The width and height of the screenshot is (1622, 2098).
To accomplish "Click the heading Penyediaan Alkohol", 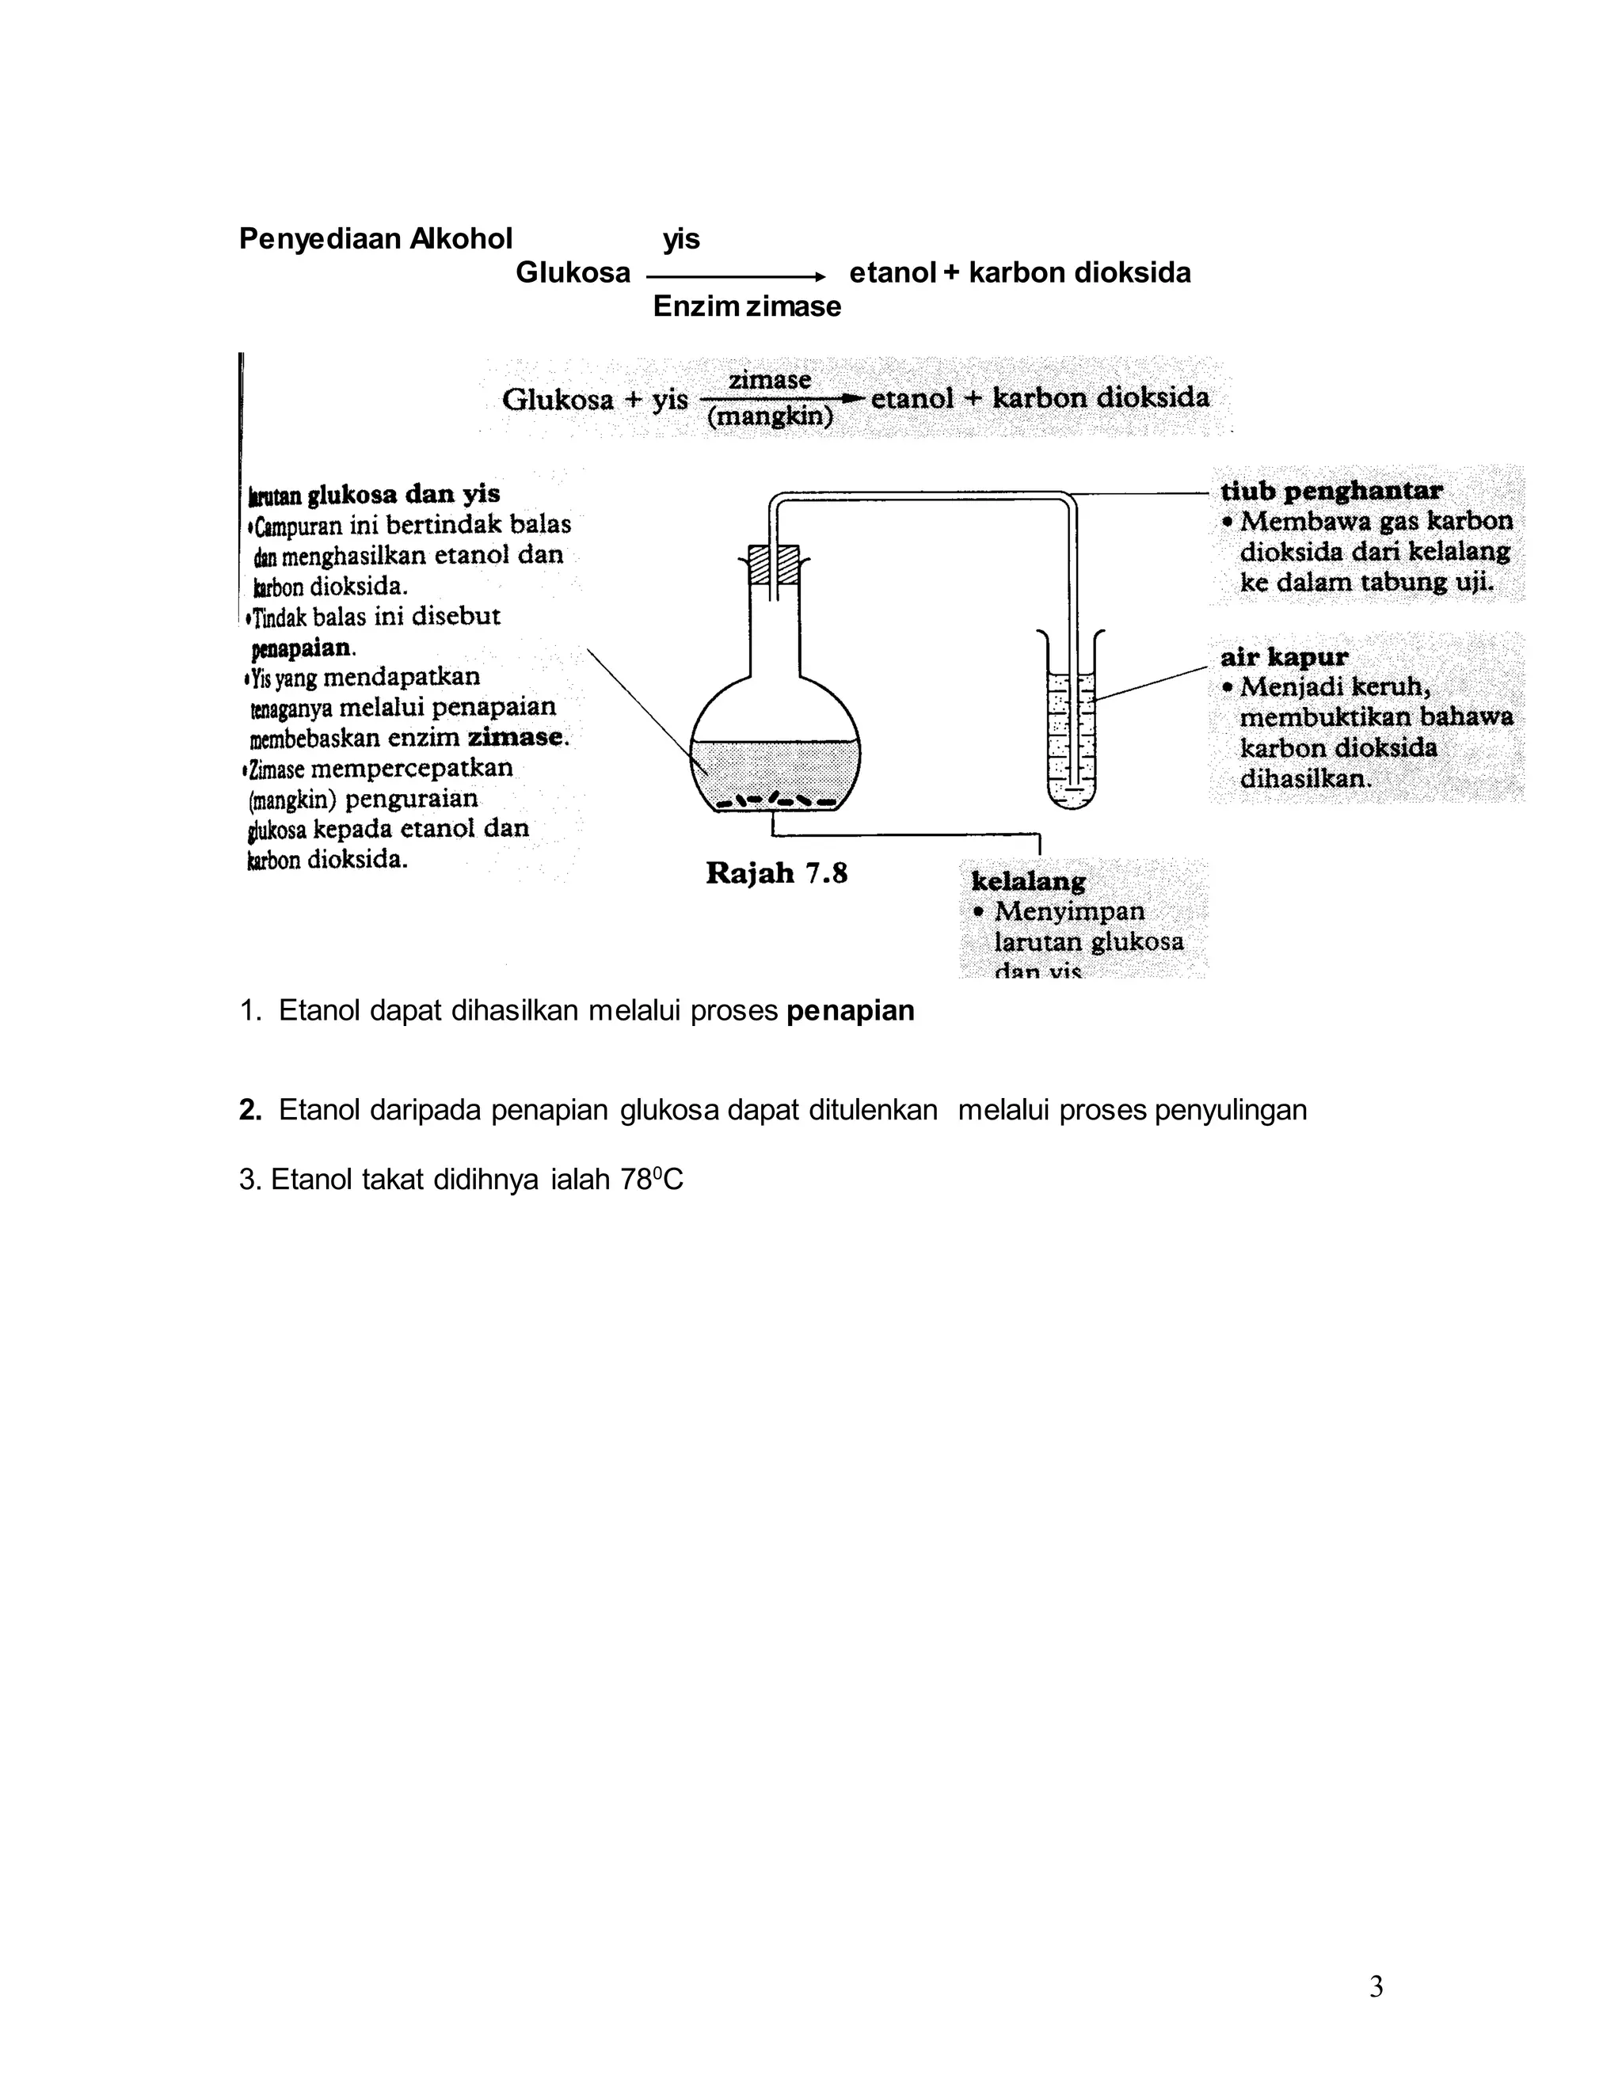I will (x=375, y=238).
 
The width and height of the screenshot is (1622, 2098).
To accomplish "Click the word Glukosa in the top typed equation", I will (x=573, y=273).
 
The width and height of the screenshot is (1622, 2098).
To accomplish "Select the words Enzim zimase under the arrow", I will (x=747, y=306).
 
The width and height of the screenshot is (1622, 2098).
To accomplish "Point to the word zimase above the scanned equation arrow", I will (x=769, y=380).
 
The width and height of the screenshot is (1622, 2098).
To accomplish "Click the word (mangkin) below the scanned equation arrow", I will (x=770, y=419).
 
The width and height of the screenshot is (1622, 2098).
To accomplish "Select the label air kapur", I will (x=1284, y=657).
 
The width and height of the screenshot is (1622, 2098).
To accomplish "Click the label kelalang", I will (x=1028, y=881).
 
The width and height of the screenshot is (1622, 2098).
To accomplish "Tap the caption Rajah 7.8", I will (x=776, y=873).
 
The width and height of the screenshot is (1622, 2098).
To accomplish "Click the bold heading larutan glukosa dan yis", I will (x=375, y=494).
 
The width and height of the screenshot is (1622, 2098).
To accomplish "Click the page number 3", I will (x=1375, y=1986).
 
